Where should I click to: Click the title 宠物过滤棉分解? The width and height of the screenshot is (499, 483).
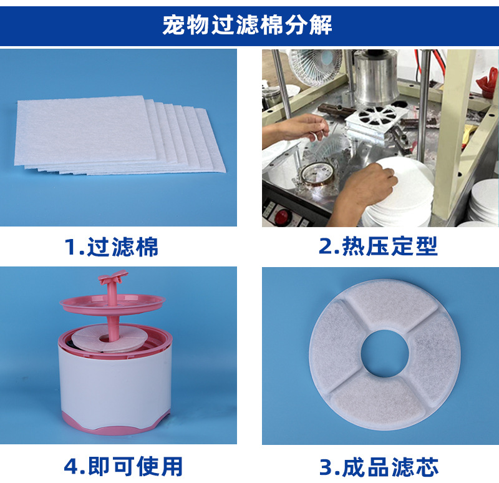(x=247, y=24)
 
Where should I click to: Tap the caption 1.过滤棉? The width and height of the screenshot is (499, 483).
(x=111, y=246)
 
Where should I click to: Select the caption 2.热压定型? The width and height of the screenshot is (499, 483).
(x=378, y=246)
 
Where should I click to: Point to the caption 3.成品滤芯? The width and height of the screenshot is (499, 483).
(x=379, y=467)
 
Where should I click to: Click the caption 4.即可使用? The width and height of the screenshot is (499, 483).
(x=123, y=466)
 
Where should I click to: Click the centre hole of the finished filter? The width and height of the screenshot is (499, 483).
(x=384, y=353)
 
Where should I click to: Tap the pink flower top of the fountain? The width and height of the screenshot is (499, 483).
(x=114, y=276)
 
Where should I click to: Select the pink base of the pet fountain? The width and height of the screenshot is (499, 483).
(x=116, y=424)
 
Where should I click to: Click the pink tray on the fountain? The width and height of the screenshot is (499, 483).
(x=113, y=304)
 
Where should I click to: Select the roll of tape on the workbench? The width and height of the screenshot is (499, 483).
(x=317, y=178)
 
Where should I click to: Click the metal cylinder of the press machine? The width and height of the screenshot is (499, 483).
(x=376, y=79)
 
